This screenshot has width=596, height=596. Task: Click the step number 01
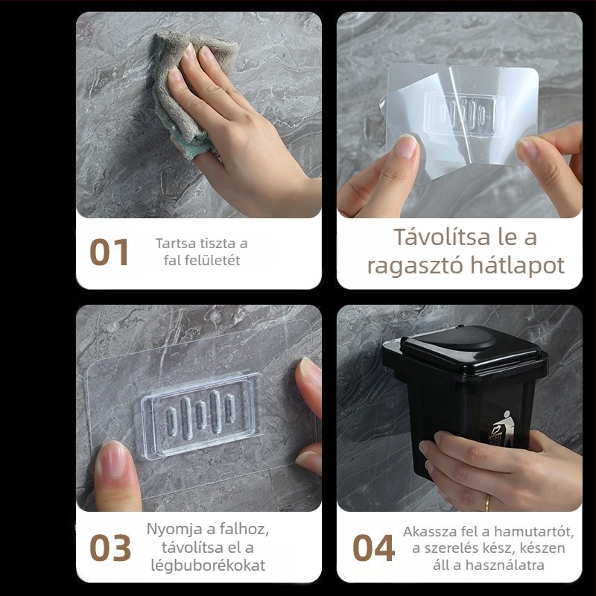[110, 252]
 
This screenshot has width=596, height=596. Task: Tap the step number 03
[110, 548]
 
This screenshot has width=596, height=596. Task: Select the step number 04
[373, 548]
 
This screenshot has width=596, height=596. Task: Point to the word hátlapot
[517, 265]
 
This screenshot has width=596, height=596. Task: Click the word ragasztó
[415, 266]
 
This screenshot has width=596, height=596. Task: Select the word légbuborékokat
[208, 565]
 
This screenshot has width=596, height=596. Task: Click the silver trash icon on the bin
[501, 428]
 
